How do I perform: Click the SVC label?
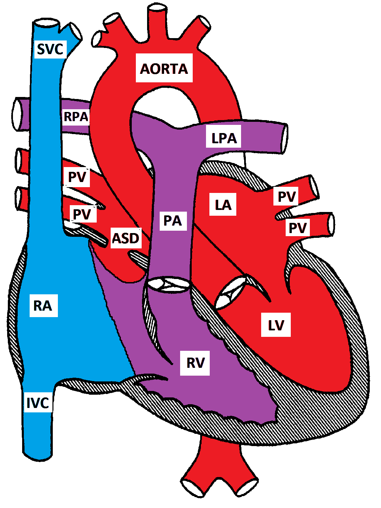click(x=50, y=49)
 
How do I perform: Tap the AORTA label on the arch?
click(x=164, y=68)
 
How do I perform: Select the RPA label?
click(x=76, y=117)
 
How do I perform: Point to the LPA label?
click(x=224, y=138)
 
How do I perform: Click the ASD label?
click(x=126, y=238)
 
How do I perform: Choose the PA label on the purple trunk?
click(x=173, y=221)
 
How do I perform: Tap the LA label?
click(x=223, y=205)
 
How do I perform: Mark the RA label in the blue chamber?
click(x=43, y=306)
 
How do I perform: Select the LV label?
click(x=276, y=325)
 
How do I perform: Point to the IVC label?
click(x=38, y=403)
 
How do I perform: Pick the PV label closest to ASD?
click(x=82, y=214)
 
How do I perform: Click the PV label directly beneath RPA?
click(x=77, y=177)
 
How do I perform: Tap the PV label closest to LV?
click(x=298, y=228)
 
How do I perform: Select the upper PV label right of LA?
click(x=286, y=196)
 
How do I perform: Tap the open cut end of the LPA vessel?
click(x=284, y=137)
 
